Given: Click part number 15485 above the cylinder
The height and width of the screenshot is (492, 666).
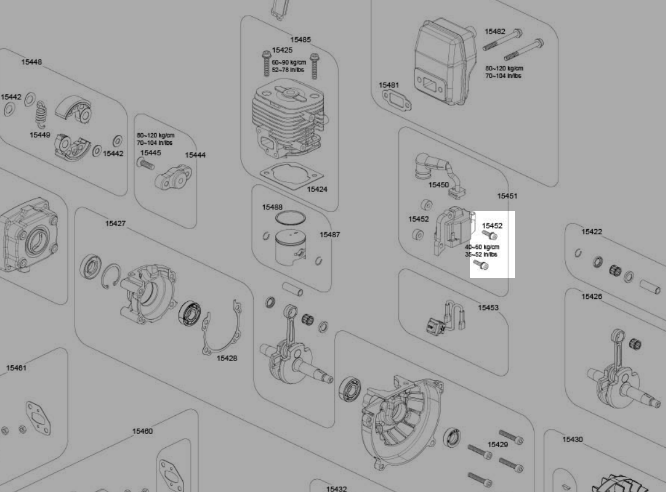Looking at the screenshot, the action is pos(300,40).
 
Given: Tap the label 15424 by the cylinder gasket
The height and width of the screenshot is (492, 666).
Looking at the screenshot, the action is pos(317,189).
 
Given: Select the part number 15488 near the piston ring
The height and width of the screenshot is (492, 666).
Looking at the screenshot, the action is pos(272,207).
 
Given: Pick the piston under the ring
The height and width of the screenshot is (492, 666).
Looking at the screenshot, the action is pos(291,248).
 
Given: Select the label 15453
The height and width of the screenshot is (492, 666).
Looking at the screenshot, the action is pos(488,308).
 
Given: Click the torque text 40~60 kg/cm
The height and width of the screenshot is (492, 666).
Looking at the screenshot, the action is pos(482,247).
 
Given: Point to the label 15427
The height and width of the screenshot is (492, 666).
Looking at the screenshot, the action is pos(115,223).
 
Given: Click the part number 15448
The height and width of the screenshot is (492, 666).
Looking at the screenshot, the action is pos(32,62).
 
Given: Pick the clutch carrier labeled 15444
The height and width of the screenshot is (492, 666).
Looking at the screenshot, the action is pos(173,178).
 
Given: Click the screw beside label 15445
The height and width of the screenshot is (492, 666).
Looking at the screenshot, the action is pos(146,164).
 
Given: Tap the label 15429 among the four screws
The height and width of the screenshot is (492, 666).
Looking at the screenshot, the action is pos(498,444).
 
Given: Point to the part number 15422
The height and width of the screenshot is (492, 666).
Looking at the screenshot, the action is pos(591,231).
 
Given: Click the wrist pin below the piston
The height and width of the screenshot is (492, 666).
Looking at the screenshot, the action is pos(293,288).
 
